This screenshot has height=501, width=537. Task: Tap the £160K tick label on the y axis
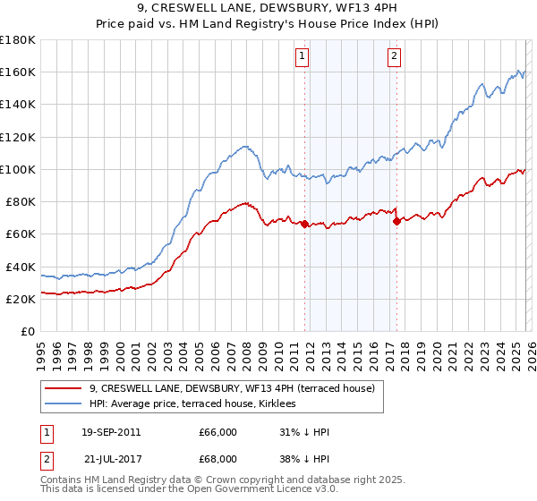(x=18, y=72)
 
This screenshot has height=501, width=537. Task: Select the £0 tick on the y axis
(x=29, y=332)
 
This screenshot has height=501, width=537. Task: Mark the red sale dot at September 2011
(x=304, y=224)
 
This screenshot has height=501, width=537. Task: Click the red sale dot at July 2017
(x=396, y=221)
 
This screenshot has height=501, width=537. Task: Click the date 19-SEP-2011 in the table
(x=111, y=433)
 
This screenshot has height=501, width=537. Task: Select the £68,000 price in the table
(x=217, y=460)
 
